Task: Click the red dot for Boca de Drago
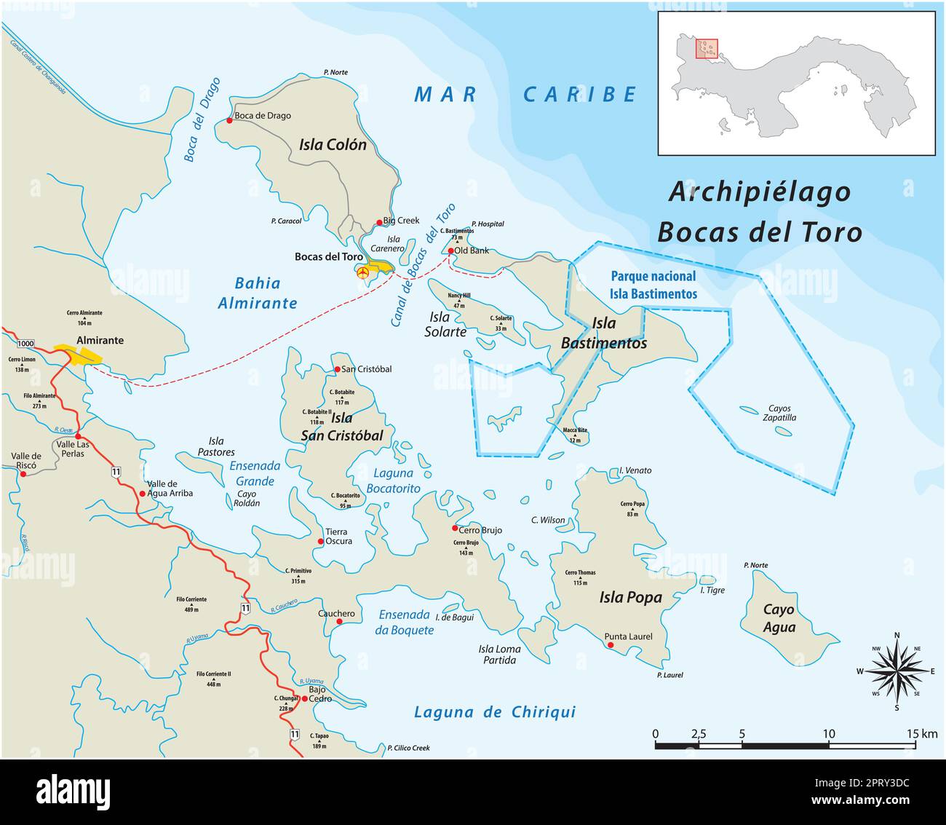229,120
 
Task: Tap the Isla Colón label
333,145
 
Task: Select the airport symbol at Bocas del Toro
362,272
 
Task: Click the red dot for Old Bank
451,250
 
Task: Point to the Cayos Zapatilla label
779,414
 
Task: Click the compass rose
897,671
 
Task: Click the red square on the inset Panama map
707,49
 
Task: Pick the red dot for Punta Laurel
611,645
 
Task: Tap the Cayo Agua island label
779,618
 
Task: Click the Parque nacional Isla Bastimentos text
653,285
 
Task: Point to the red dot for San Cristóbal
337,370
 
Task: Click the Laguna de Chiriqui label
494,712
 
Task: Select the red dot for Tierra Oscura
321,542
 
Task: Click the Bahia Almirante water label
258,293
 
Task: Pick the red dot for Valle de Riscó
23,473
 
